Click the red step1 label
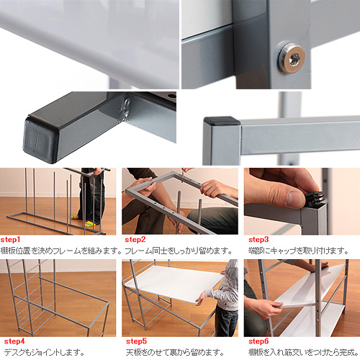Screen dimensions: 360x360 [x=10, y=240]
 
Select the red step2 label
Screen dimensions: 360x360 [x=135, y=240]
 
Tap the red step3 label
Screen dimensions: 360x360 [x=258, y=240]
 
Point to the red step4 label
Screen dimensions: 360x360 [x=14, y=341]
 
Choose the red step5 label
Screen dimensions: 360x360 [x=136, y=341]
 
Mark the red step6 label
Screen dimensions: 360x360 [x=258, y=341]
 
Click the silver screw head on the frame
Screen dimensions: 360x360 [x=292, y=58]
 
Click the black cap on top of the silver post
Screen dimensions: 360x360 [x=222, y=121]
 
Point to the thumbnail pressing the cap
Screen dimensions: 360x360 [x=295, y=199]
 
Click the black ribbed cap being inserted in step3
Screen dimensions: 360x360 [x=315, y=199]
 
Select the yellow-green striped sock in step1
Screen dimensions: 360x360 [x=89, y=224]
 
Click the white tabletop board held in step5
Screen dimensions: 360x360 [x=175, y=284]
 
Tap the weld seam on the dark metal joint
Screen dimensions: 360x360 [x=127, y=109]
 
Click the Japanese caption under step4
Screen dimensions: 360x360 [x=44, y=352]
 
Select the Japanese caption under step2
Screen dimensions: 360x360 [x=179, y=251]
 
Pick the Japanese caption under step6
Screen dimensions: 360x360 [x=303, y=352]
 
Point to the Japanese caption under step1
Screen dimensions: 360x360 [x=61, y=251]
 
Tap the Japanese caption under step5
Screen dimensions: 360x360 [x=175, y=352]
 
